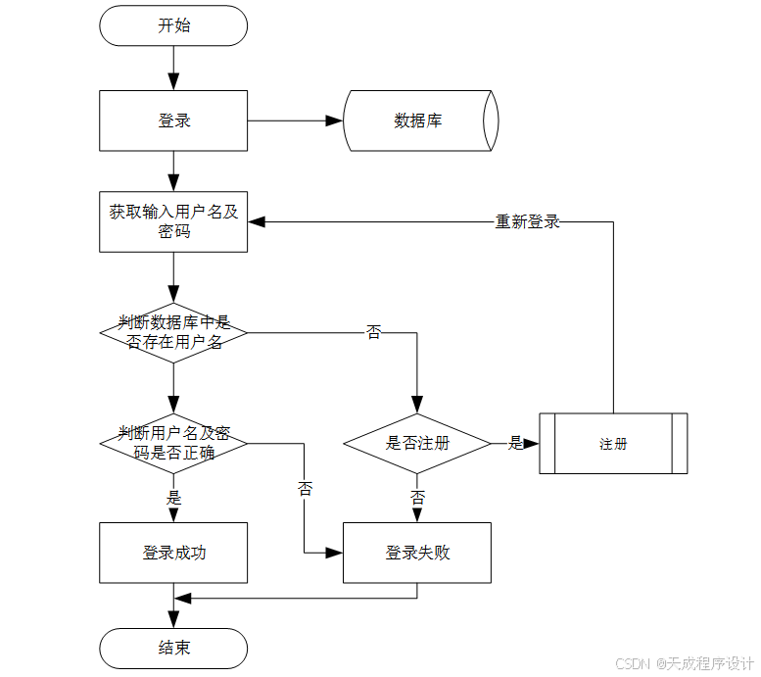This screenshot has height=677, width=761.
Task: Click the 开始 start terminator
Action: pos(173,25)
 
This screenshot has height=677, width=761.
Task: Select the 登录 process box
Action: pos(173,121)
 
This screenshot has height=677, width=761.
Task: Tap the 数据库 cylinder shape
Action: pos(419,121)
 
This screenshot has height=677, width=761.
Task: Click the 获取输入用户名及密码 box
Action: pos(173,221)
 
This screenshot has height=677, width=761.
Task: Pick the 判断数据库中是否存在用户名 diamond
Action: pos(173,332)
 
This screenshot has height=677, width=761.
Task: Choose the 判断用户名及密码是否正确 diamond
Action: pos(173,443)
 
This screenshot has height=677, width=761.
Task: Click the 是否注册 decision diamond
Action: pos(416,443)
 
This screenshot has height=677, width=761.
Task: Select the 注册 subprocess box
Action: pos(613,444)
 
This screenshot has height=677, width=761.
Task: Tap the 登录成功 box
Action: pos(173,553)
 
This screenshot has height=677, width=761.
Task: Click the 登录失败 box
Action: pos(416,553)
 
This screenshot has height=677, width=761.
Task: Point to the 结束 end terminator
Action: pos(173,648)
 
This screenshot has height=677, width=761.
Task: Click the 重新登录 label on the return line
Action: pos(527,222)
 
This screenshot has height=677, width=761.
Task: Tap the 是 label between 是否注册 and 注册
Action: pos(515,443)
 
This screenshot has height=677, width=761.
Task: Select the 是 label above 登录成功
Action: pos(173,498)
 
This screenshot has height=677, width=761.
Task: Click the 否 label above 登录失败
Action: pos(417,498)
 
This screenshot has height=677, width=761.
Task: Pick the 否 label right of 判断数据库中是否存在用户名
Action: pos(373,332)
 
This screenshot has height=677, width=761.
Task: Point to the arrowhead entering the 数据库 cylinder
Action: pos(335,121)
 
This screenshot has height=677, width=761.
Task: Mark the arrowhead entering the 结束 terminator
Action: pos(173,620)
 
